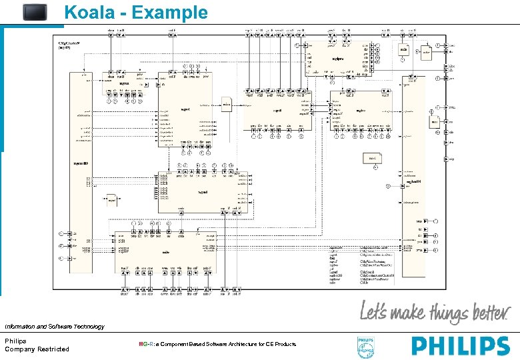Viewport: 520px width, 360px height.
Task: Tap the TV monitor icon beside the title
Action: [35, 12]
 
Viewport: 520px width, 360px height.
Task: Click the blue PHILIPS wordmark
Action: [461, 346]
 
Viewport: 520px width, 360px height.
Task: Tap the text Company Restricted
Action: [37, 349]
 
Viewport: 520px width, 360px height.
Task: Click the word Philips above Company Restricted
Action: [16, 341]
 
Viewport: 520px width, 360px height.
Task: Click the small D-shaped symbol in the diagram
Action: [113, 197]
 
